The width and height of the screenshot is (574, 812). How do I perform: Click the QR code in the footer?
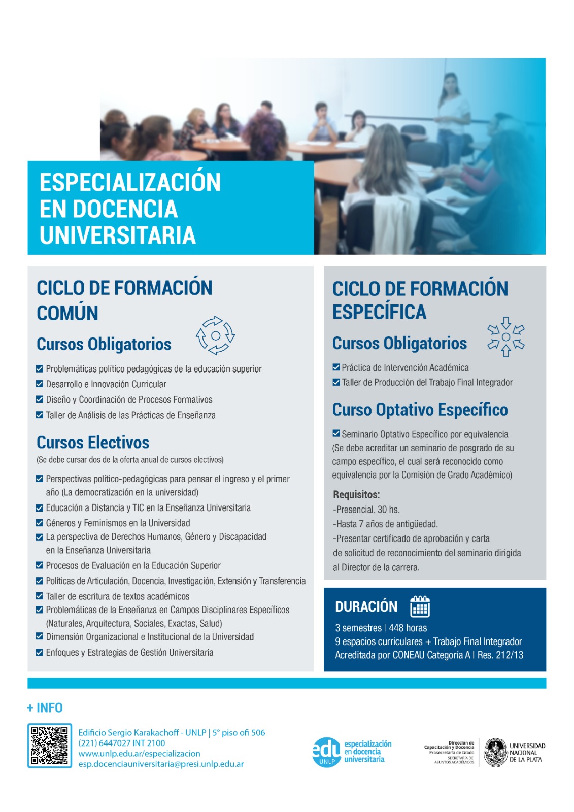point(49,746)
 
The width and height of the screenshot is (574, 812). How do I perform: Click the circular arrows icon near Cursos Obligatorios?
point(215,335)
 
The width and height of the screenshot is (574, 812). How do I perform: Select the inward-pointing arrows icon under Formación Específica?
point(506,337)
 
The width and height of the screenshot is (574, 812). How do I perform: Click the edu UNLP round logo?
point(326,752)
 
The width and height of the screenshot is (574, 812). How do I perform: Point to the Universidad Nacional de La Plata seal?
point(495,752)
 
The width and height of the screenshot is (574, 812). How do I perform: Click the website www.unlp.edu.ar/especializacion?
point(139,753)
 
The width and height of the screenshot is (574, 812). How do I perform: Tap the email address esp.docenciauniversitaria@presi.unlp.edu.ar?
point(161,764)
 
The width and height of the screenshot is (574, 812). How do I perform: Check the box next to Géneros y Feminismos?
point(40,523)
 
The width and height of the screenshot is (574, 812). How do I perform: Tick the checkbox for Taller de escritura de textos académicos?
point(40,596)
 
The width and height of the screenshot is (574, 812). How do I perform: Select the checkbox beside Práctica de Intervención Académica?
point(336,367)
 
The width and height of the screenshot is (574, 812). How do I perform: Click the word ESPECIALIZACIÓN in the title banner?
point(130,182)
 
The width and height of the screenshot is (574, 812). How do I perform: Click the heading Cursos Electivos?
point(93,442)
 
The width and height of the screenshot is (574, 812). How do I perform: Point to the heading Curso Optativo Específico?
point(420,410)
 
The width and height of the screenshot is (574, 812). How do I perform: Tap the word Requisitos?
point(356,494)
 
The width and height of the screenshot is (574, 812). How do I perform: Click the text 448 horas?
point(408,628)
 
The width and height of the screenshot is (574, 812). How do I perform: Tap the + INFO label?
point(45,707)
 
